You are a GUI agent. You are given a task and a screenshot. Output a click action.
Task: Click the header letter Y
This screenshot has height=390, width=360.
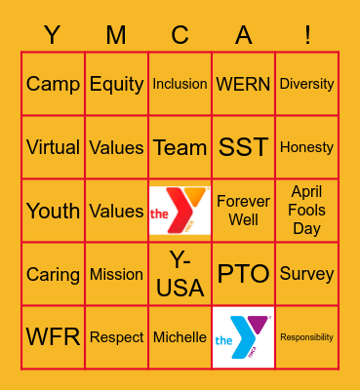pos(53,36)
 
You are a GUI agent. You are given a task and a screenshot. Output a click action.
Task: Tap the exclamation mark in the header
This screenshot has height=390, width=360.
pos(306,36)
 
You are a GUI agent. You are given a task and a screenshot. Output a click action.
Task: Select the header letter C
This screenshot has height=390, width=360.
pos(180,36)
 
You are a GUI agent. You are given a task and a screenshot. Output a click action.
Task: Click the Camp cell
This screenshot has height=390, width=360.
pos(53,84)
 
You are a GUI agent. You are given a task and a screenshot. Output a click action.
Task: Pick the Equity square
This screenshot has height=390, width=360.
pos(116,84)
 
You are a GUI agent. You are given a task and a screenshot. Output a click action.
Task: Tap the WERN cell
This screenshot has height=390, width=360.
pos(243,84)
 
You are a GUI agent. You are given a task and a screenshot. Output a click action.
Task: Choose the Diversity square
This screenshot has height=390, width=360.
pos(306,84)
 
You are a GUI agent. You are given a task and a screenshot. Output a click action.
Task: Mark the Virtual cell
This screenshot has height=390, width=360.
pos(53,147)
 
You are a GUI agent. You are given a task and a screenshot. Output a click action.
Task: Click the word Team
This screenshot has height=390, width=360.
pos(180,147)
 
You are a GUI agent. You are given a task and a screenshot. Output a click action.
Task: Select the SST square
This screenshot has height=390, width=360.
pos(243,147)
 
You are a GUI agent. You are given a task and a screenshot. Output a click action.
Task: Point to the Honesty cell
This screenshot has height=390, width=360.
pos(306,147)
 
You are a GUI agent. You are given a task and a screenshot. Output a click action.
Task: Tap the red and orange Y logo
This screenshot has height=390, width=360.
pos(180,211)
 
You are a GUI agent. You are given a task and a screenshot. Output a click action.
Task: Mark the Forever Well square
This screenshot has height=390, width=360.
pos(243,211)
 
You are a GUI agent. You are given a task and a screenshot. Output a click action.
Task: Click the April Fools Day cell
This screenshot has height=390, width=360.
pos(306,211)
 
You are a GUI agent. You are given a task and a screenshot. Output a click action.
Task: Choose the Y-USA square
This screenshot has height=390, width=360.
pos(180,274)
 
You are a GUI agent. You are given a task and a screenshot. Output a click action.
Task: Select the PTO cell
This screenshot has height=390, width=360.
pos(243,274)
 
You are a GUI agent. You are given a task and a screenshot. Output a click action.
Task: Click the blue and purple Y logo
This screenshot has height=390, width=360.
pos(243,337)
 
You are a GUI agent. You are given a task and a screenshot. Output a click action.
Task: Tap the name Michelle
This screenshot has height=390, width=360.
pos(180,337)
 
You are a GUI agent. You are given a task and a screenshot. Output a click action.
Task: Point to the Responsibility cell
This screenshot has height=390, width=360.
pos(306,337)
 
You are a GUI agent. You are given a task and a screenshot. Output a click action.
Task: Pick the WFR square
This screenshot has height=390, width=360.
pos(53,337)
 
